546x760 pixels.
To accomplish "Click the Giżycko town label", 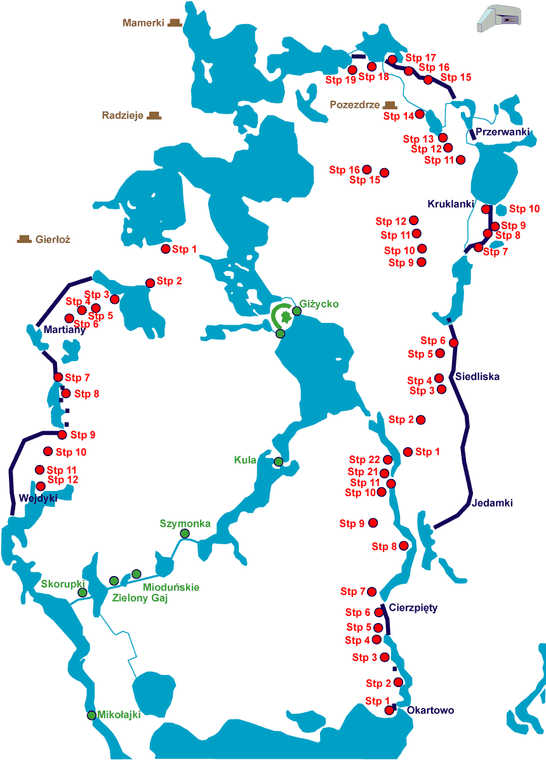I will (x=321, y=304).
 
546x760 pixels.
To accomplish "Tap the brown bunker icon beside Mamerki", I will (x=175, y=23).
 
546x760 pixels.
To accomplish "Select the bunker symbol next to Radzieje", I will (x=153, y=115).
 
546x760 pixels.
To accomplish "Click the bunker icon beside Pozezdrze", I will (x=389, y=104).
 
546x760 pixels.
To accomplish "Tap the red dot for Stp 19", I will (x=352, y=70).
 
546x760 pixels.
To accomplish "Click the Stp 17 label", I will (x=420, y=57).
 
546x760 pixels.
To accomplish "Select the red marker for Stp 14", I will (x=420, y=114).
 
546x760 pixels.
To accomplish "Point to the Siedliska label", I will (x=477, y=376).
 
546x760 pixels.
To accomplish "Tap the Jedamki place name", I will (x=492, y=503).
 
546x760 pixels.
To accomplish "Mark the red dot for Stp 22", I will (x=388, y=459).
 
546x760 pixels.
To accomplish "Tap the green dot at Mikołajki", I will (x=91, y=715).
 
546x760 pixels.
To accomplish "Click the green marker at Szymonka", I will (x=185, y=534).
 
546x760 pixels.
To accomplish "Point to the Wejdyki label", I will (x=38, y=498).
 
